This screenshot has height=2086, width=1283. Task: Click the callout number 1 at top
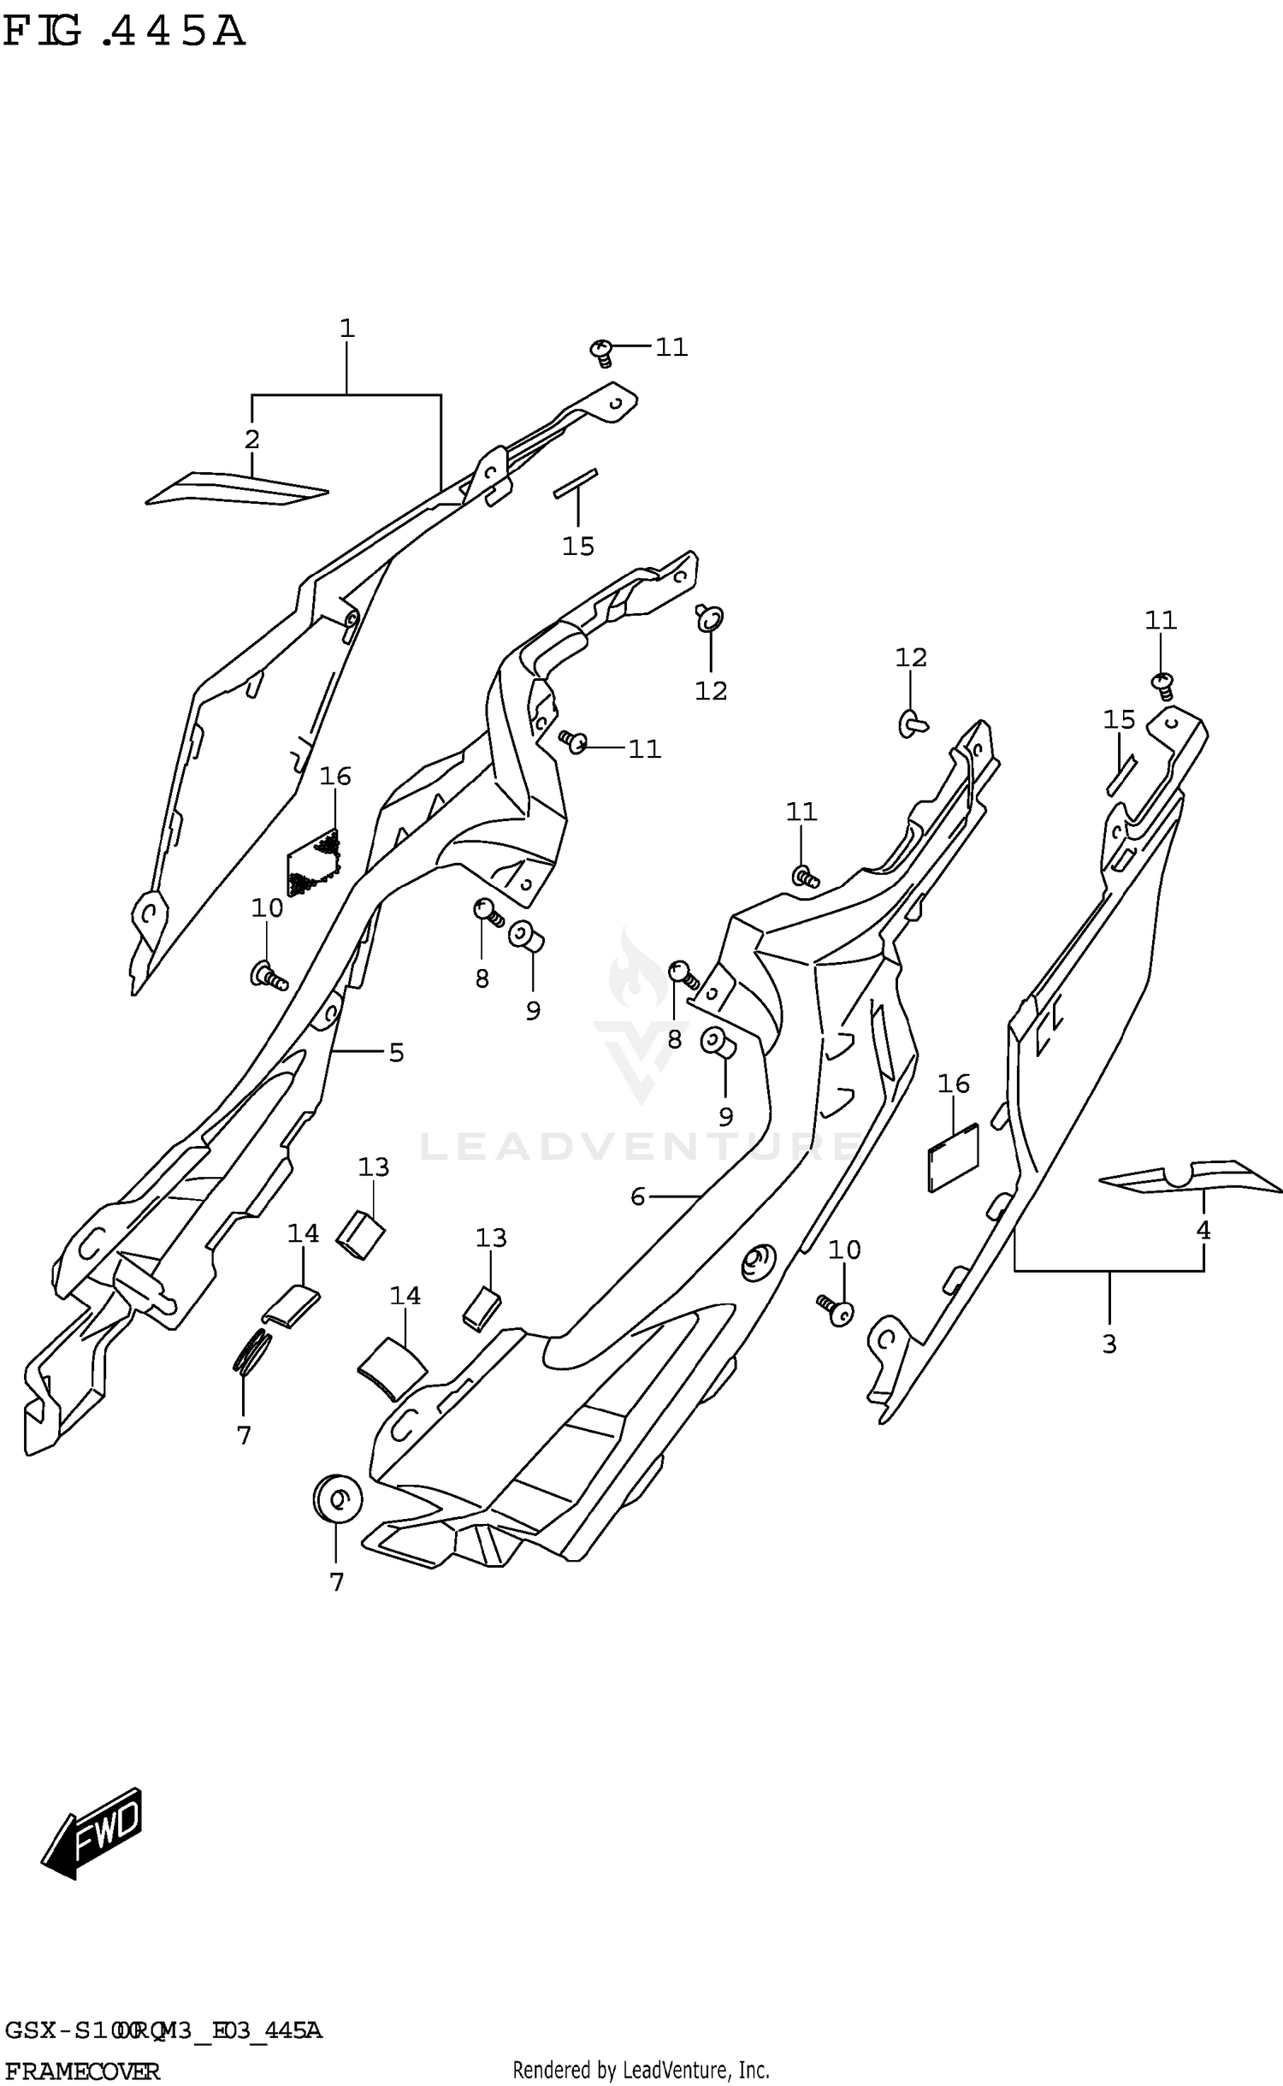pyautogui.click(x=346, y=328)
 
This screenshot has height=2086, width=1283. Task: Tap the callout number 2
pyautogui.click(x=251, y=440)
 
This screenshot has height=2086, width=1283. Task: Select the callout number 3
pyautogui.click(x=1109, y=1344)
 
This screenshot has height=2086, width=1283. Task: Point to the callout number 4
pyautogui.click(x=1203, y=1231)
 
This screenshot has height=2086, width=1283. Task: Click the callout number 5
pyautogui.click(x=396, y=1053)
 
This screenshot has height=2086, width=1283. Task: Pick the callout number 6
pyautogui.click(x=637, y=1197)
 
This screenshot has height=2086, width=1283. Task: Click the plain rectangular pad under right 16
pyautogui.click(x=952, y=1157)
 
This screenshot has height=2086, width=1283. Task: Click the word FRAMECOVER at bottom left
pyautogui.click(x=81, y=2065)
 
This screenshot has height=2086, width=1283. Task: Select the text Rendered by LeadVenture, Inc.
pyautogui.click(x=641, y=2064)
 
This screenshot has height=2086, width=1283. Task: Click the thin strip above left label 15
pyautogui.click(x=576, y=483)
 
